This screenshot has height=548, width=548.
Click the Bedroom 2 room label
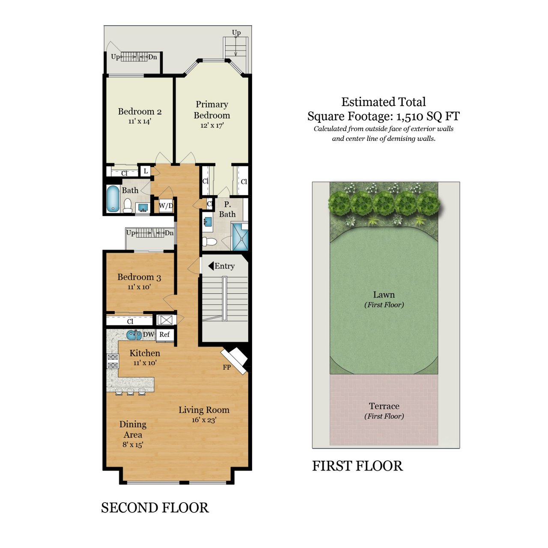coord(140,112)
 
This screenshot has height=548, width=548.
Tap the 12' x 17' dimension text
coord(212,125)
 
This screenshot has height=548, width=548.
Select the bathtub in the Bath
coord(113,199)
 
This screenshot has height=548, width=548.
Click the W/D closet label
coord(166,205)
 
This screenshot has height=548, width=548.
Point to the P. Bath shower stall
coord(240,236)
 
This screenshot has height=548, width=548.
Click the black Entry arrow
coord(211,266)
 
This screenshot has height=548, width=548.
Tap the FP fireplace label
coord(226,367)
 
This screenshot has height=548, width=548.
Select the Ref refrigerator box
coord(164,334)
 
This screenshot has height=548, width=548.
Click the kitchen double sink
coord(134,335)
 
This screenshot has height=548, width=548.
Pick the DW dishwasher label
coord(148,334)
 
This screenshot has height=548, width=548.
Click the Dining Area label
coord(133,429)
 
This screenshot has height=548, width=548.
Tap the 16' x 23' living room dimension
coord(204,420)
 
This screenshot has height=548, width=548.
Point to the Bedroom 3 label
coord(139,277)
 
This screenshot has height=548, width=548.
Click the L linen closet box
coord(146,171)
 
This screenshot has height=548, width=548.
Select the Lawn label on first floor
coord(384,295)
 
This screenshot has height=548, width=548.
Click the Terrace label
coord(384,406)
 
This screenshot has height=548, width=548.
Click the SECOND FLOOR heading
coord(155,508)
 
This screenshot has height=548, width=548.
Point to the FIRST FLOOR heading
coord(357,466)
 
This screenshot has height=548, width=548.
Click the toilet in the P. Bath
coord(209,241)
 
